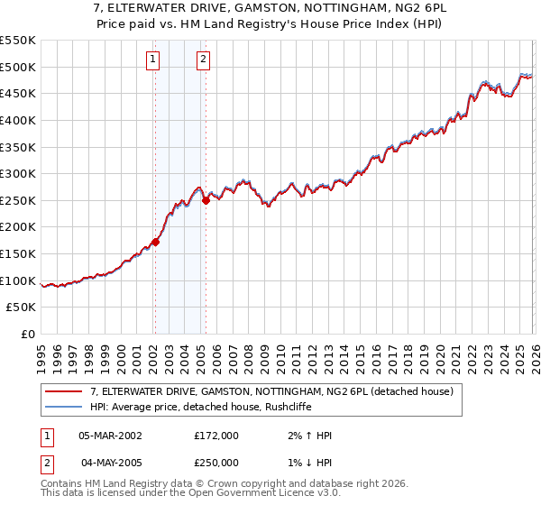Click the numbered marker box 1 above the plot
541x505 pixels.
(152, 60)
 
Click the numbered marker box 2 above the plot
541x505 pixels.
(204, 60)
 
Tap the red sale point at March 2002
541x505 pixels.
(155, 242)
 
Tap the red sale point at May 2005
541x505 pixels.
(206, 200)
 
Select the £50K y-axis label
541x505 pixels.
(22, 308)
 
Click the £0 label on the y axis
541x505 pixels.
(28, 335)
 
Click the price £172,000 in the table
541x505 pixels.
(216, 436)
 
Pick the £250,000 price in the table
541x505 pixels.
(216, 462)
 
